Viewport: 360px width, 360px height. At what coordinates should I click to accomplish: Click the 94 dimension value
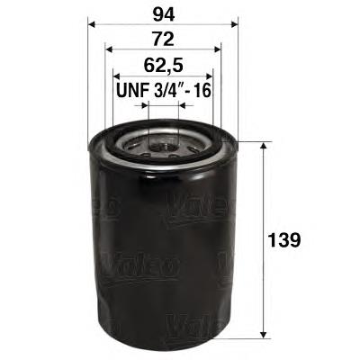161,15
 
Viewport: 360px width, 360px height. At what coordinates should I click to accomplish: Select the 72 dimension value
161,40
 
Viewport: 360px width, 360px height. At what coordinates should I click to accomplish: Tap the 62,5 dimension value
161,65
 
